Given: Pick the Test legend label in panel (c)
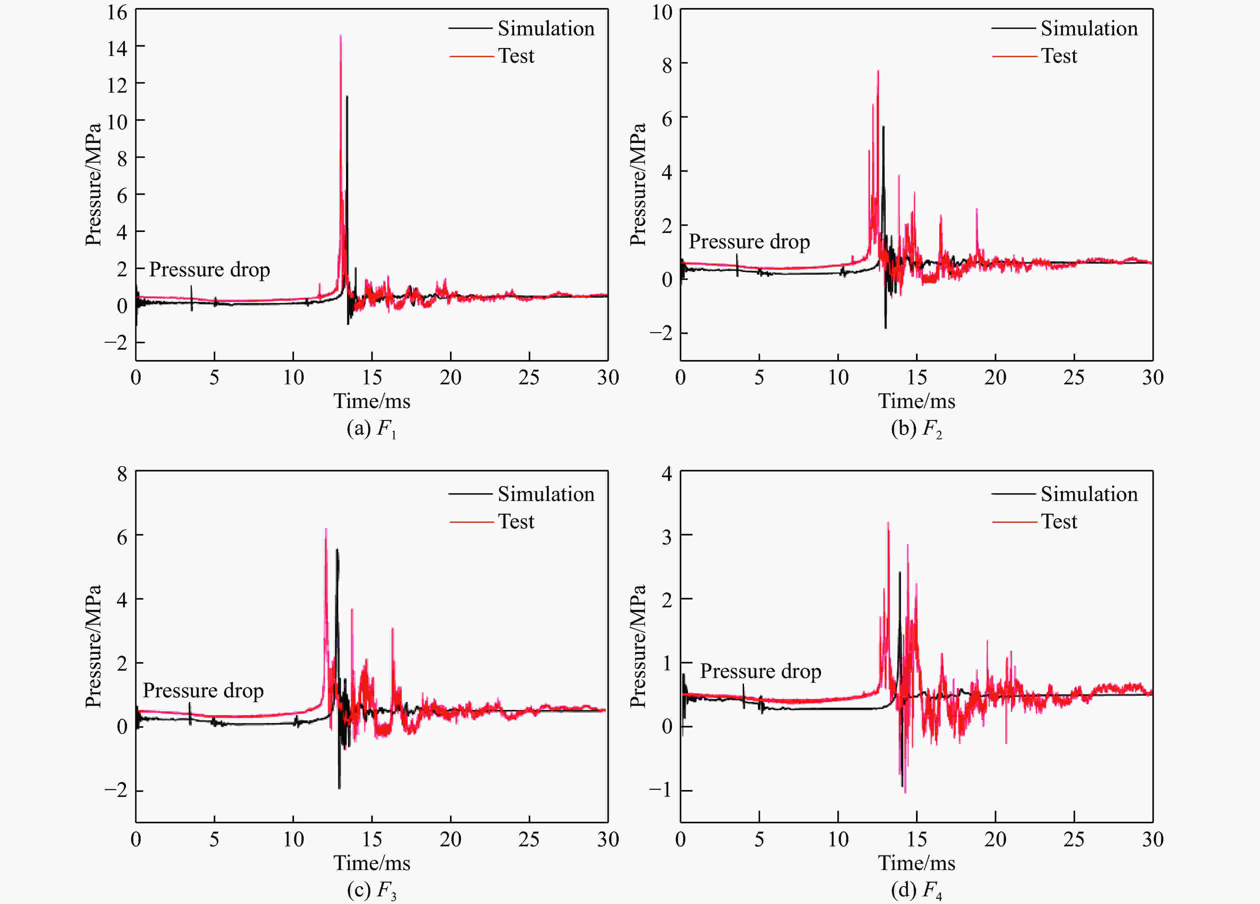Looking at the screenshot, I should pos(516,522).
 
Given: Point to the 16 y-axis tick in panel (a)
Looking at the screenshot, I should pos(117,12).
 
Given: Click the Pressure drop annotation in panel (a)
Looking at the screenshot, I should pos(209,269).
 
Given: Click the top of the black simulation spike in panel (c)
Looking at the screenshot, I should pos(337,550).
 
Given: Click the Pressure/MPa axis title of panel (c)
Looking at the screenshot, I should pos(93,646).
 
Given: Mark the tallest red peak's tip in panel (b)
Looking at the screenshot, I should pos(878,71).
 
